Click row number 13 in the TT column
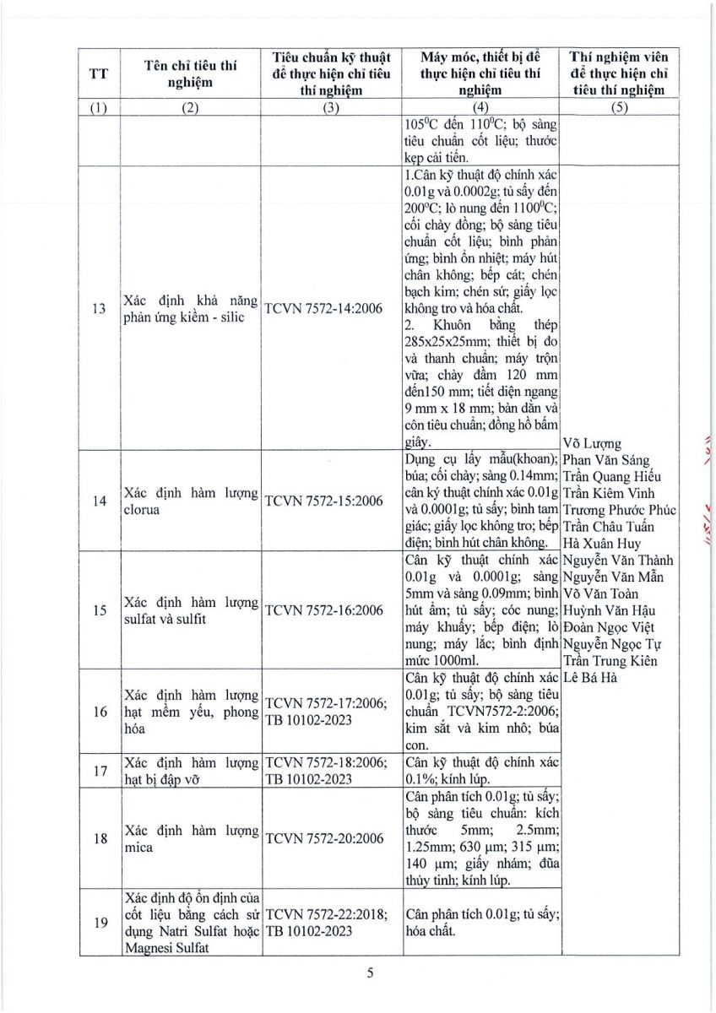tap(99, 309)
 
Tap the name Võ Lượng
tap(591, 444)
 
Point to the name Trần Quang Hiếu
tap(613, 477)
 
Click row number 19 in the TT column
tap(99, 923)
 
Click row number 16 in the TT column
tap(99, 711)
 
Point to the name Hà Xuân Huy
tap(602, 544)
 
